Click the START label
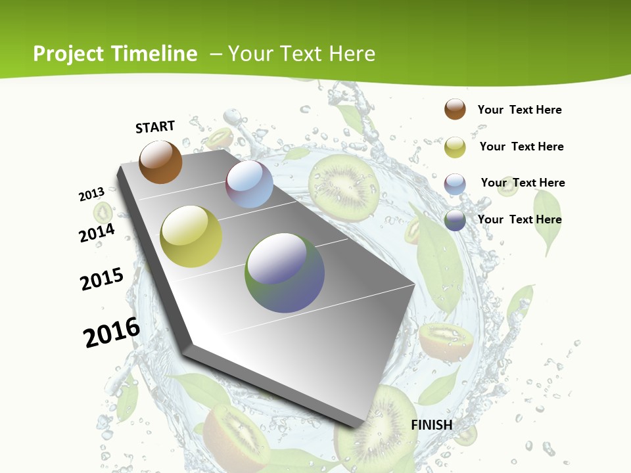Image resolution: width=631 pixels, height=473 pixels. pos(155,127)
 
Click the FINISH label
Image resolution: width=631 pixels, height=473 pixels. pos(432,425)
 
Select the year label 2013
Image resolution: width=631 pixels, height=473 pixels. pos(92,194)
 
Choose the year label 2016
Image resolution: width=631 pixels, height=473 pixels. pos(112,332)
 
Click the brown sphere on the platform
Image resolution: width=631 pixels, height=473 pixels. pos(160,162)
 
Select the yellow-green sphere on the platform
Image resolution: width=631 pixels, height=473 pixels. pos(191,236)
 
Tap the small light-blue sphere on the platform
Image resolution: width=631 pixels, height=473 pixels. pos(249,184)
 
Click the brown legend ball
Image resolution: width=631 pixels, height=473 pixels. pos(455,109)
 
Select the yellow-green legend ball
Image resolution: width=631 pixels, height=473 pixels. pos(455,147)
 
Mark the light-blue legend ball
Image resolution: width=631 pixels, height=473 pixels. pos(455,183)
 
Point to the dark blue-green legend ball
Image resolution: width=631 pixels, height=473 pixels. pos(455,220)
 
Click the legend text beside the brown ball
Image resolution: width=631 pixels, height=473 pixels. pos(519,110)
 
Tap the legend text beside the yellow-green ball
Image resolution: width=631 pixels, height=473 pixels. pos(521,146)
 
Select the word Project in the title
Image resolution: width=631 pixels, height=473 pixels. pos(68,54)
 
